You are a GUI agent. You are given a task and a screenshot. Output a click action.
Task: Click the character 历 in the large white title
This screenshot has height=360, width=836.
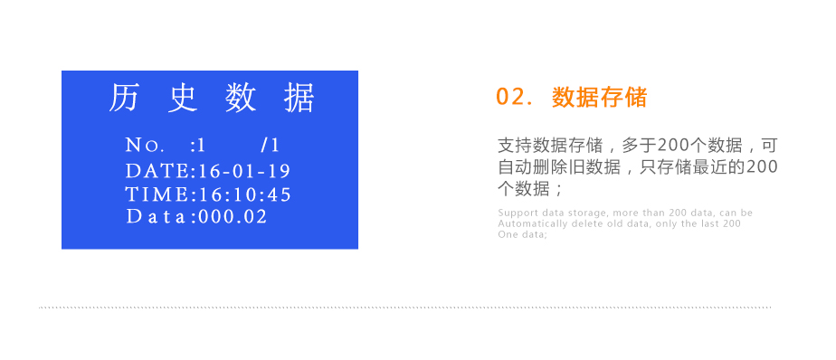click(x=124, y=97)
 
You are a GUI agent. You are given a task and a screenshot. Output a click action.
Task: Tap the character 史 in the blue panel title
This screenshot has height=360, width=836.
click(x=182, y=97)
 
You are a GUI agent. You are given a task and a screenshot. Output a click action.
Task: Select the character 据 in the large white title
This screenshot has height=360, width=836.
click(x=299, y=97)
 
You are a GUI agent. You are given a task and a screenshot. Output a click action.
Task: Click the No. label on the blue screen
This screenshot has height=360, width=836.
click(x=145, y=146)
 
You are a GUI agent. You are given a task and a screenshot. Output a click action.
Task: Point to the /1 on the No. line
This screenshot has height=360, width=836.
click(x=270, y=146)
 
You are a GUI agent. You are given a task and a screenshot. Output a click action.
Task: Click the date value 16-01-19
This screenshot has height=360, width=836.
click(x=244, y=171)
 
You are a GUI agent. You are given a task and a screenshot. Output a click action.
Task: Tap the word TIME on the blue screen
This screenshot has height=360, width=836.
click(x=157, y=194)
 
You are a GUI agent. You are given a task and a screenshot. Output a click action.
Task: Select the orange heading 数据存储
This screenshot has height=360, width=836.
click(x=600, y=98)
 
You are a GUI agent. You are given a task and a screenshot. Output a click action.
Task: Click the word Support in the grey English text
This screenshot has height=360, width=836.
click(x=515, y=213)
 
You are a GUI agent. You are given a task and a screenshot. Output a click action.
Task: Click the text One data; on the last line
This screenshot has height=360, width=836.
click(x=522, y=234)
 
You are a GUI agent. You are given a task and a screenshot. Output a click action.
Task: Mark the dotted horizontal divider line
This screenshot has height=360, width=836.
click(x=404, y=308)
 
